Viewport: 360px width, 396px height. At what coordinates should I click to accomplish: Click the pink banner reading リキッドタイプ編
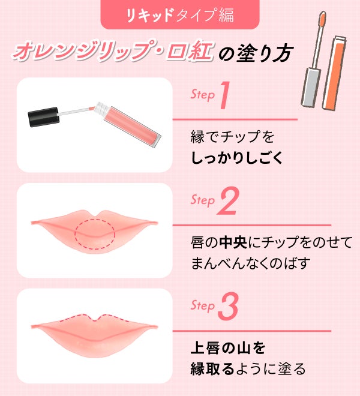tap(180, 14)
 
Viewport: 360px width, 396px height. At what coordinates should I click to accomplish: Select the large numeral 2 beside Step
tap(228, 201)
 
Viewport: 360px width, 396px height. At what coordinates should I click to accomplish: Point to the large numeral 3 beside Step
tap(228, 307)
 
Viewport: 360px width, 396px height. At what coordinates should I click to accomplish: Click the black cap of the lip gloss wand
tap(44, 116)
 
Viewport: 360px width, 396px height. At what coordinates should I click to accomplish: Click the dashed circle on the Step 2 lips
tap(95, 234)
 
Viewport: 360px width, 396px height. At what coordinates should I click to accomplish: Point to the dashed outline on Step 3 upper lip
tap(94, 318)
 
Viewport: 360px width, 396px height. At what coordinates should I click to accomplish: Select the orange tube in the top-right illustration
tap(334, 73)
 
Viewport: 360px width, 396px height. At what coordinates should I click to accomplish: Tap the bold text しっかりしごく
tap(237, 158)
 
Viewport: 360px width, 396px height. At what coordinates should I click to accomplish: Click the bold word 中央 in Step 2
tap(233, 242)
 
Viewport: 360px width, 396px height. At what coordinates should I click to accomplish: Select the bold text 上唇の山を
tap(228, 347)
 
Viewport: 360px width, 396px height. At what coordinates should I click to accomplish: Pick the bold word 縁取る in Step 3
tap(212, 368)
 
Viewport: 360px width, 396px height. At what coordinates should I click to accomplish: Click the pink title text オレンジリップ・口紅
tap(112, 51)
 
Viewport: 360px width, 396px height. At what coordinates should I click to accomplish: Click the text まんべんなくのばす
tap(251, 263)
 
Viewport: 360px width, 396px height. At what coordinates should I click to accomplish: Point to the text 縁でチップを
tap(232, 137)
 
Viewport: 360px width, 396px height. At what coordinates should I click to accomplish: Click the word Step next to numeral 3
tap(202, 305)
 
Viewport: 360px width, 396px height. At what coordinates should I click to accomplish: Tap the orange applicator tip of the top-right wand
tap(322, 19)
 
